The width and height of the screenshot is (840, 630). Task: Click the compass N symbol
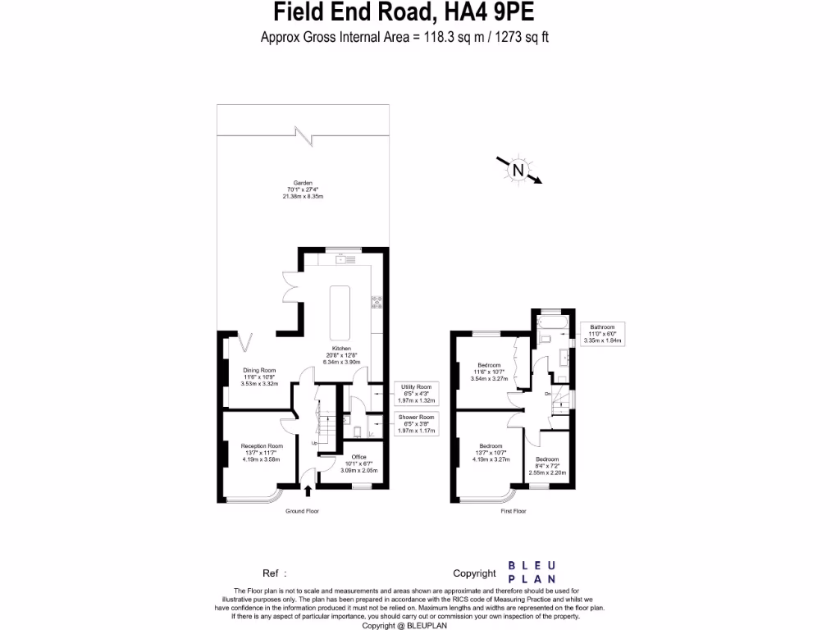[518, 171]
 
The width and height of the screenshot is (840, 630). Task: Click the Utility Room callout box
[417, 394]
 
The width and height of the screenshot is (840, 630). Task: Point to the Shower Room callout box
[417, 423]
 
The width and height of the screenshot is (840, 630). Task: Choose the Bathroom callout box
[602, 333]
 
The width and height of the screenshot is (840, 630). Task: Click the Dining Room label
[258, 377]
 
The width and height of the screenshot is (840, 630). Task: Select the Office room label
[358, 464]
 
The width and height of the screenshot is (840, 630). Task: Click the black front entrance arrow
[308, 491]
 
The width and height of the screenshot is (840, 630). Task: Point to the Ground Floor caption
[302, 511]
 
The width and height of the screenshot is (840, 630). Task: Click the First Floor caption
[514, 511]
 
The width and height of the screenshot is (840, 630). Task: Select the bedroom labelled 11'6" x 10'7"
[491, 372]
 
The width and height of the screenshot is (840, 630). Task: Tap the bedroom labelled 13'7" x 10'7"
[491, 453]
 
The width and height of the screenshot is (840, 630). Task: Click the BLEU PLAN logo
[532, 573]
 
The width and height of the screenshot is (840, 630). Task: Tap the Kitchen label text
[341, 355]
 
